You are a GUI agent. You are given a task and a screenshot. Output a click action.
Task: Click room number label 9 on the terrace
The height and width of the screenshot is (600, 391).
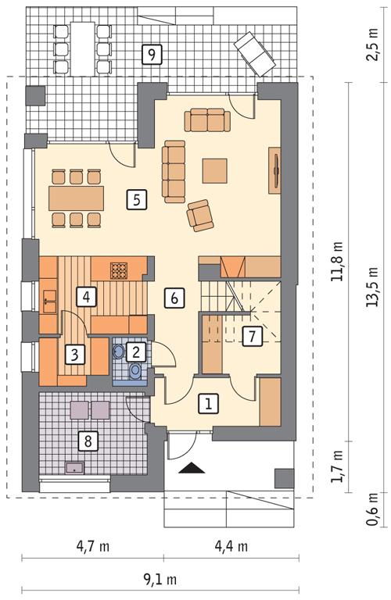[x=152, y=54]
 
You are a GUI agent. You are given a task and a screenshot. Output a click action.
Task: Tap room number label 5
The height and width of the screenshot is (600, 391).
[x=136, y=199]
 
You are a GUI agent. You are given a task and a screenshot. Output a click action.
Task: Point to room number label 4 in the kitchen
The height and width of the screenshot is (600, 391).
[x=86, y=296]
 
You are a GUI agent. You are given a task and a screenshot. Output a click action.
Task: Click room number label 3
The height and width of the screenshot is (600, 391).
[x=74, y=355]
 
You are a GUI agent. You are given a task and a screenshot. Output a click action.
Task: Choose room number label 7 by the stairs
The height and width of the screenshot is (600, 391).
[x=251, y=337]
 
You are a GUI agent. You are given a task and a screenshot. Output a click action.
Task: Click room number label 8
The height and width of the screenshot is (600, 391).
[x=88, y=441]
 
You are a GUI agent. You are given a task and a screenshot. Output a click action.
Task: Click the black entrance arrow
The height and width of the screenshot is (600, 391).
[x=192, y=468]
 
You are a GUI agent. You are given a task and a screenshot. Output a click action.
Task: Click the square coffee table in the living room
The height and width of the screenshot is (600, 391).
[x=215, y=170]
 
